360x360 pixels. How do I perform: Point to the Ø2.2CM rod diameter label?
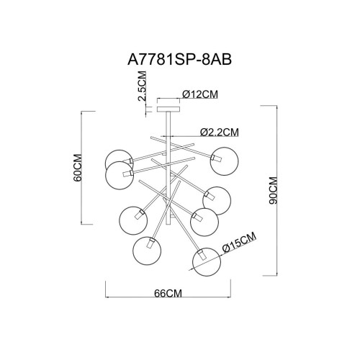219,132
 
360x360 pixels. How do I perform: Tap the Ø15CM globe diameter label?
238,246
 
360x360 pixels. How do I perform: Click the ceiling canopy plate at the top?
168,109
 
